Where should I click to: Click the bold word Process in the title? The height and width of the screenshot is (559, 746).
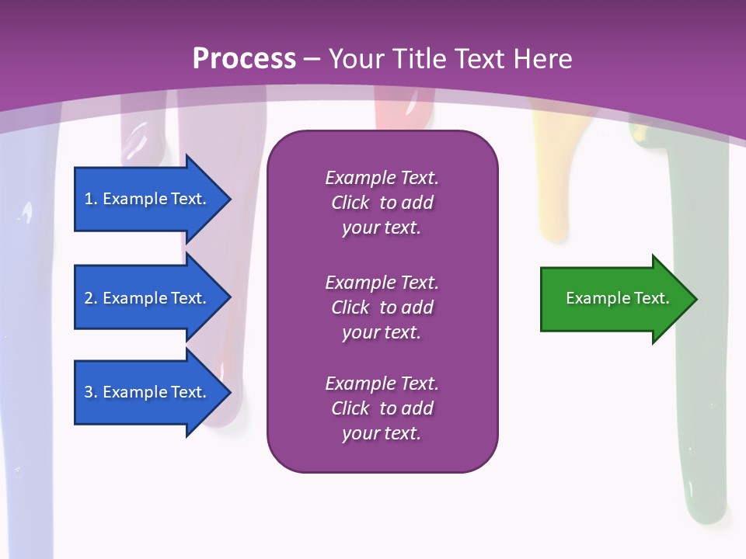point(244,59)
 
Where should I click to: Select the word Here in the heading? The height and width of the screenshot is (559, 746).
point(542,59)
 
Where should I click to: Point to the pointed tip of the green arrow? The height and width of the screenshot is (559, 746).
point(695,299)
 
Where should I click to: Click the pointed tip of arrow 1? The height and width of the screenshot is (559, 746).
point(229,199)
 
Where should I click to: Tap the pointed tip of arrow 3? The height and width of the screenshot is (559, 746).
point(229,392)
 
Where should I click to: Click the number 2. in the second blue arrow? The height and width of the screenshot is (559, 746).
point(91,298)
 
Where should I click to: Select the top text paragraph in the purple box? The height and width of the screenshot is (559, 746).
point(382,203)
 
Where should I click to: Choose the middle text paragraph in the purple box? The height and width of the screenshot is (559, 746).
point(382,307)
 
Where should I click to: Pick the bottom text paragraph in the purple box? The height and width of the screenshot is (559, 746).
point(382,408)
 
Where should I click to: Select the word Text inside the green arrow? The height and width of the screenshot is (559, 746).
point(651,298)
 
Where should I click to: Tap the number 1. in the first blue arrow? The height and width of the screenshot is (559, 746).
point(91,199)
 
